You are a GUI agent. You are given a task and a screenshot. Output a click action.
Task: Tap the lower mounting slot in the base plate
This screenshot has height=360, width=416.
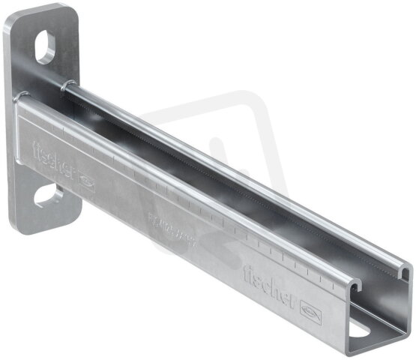pos(48,197)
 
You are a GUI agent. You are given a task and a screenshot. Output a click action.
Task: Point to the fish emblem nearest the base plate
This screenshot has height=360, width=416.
pos(85,181)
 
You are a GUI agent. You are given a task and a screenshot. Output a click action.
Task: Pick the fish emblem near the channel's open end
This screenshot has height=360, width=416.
pos(310,307)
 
